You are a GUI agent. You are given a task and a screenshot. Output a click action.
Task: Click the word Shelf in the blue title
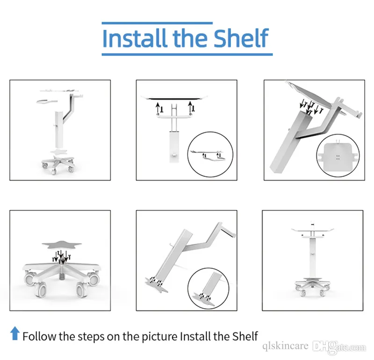click(241, 38)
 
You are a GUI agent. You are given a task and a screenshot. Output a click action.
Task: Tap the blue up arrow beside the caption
click(15, 333)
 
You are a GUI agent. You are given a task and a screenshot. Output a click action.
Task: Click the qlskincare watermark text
click(285, 346)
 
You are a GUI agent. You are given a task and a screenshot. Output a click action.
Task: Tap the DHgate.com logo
click(339, 347)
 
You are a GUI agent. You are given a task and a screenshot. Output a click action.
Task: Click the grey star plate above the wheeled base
click(62, 245)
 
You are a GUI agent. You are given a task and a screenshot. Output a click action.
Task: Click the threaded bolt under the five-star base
click(62, 276)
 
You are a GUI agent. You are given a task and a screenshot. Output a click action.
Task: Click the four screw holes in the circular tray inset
click(338, 157)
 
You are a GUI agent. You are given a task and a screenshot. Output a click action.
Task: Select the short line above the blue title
click(157, 23)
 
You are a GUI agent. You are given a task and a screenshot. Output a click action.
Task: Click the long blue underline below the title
click(187, 55)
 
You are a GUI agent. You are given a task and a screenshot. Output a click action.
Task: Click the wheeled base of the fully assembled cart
click(312, 286)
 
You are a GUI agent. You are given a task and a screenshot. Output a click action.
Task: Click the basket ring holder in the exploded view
click(46, 101)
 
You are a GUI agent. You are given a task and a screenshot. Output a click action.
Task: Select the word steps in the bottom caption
click(91, 337)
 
